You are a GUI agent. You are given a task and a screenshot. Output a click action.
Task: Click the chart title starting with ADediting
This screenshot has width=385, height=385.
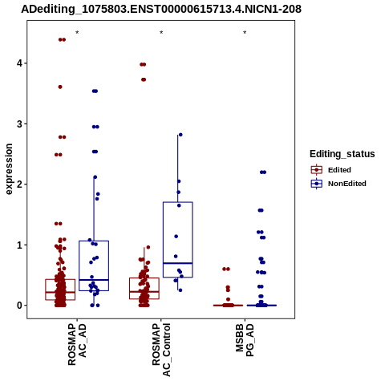click(x=161, y=9)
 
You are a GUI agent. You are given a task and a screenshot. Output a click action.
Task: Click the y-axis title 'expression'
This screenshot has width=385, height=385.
click(x=9, y=169)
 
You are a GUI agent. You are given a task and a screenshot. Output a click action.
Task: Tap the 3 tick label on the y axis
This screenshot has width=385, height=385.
click(x=20, y=124)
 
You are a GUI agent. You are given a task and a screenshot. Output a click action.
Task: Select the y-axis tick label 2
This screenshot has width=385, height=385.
click(x=20, y=184)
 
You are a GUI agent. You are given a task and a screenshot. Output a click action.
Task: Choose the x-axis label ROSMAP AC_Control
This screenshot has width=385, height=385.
click(x=161, y=350)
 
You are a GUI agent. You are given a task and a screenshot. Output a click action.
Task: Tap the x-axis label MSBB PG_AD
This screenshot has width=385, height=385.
click(x=245, y=340)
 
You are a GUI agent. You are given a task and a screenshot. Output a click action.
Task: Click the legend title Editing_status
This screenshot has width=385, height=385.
click(x=342, y=154)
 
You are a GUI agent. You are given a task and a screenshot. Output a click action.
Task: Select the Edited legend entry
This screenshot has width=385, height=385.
click(x=331, y=170)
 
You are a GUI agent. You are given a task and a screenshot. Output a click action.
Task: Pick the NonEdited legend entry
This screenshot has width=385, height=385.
click(x=338, y=184)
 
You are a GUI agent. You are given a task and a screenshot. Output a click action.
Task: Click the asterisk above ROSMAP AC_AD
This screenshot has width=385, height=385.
click(x=77, y=33)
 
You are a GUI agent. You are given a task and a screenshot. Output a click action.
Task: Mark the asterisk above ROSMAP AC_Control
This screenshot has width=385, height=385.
click(x=161, y=33)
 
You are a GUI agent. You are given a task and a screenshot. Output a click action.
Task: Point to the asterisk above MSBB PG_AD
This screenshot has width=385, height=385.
click(x=245, y=33)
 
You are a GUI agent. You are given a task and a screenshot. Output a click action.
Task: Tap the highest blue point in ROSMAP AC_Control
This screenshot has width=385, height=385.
click(x=180, y=135)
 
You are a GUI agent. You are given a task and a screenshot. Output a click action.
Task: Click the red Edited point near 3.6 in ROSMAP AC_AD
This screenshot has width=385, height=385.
click(x=60, y=87)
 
